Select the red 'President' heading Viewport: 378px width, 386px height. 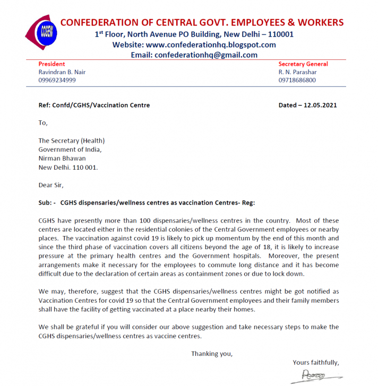(52, 64)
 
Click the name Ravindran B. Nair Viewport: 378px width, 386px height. (62, 72)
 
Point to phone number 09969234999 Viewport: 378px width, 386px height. (57, 80)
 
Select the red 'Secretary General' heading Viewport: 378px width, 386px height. (303, 64)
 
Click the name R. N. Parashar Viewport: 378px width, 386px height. (299, 72)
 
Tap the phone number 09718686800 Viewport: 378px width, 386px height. (297, 80)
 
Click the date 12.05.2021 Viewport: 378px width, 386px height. (320, 105)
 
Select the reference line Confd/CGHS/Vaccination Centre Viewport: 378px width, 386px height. (101, 105)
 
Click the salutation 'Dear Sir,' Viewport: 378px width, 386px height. (51, 185)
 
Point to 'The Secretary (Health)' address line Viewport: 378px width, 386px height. (72, 141)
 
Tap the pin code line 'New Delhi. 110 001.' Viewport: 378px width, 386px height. (68, 167)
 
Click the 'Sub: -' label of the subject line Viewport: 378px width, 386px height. (47, 202)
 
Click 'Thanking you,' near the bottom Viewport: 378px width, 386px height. (212, 354)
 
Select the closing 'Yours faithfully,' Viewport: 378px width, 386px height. (315, 363)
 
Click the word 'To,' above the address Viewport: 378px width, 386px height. (43, 123)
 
